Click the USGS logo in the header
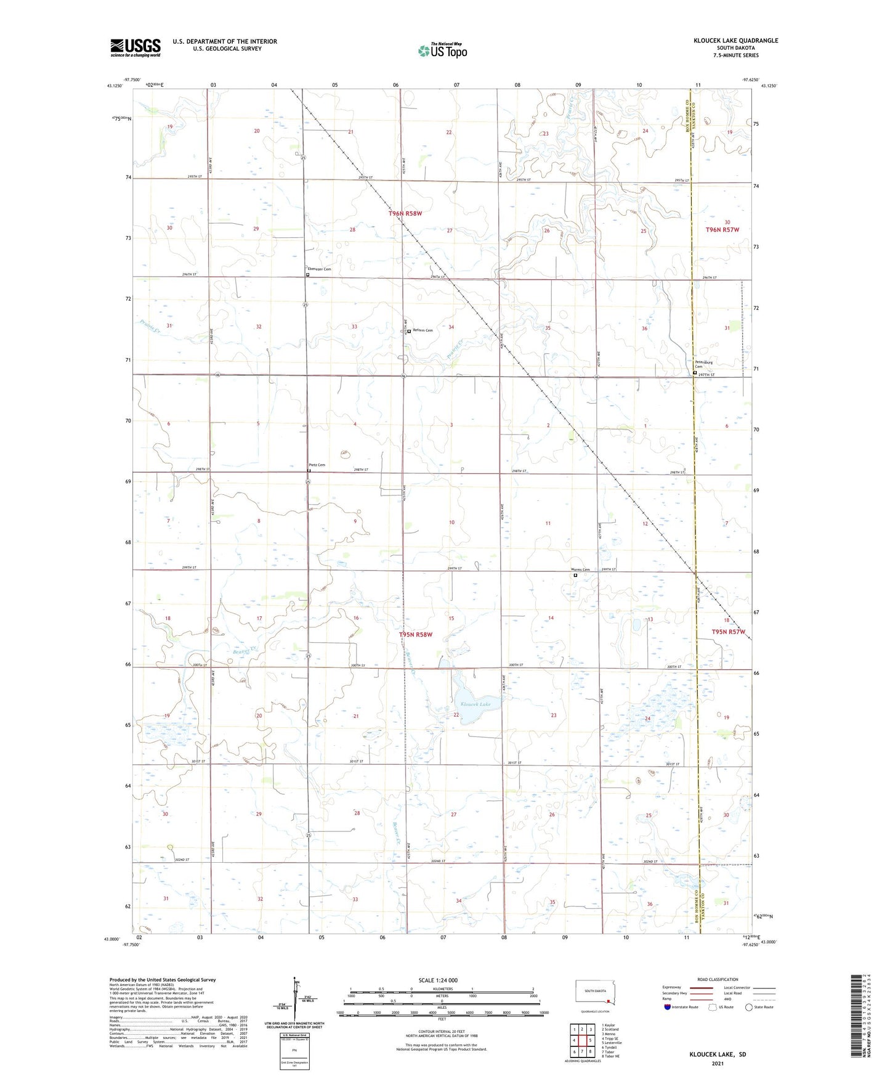tap(136, 47)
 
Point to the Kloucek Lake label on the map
tap(475, 704)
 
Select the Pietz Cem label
tap(317, 465)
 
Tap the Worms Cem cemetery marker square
tap(575, 576)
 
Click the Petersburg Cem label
tap(703, 364)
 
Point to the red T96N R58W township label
tap(405, 213)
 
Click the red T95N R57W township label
tap(728, 632)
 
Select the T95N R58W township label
tap(416, 634)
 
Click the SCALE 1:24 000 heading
tap(437, 980)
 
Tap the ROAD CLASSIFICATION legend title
tap(718, 979)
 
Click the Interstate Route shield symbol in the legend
tap(668, 1007)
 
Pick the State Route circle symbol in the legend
tap(748, 1007)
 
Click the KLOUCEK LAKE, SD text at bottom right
tap(718, 1054)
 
